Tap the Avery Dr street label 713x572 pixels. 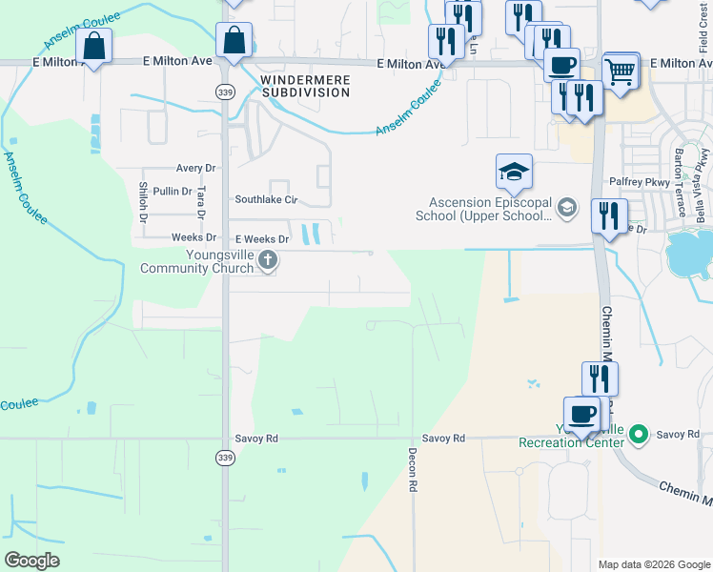(196, 168)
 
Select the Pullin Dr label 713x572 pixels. (173, 192)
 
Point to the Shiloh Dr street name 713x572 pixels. (143, 202)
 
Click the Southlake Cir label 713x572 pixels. (267, 200)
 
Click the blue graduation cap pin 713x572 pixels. (514, 173)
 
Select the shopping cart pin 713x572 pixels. (621, 71)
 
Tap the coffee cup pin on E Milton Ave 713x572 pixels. (561, 66)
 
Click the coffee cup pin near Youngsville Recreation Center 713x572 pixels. (581, 415)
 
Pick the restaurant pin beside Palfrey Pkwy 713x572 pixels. (609, 215)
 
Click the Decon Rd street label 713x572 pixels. (414, 470)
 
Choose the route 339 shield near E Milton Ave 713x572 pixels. (224, 92)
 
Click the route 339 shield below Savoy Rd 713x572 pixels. (224, 459)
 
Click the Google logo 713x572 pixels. (31, 561)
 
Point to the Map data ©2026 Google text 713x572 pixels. (653, 564)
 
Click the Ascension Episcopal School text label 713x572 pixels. (491, 209)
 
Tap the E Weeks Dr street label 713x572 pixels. (261, 238)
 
